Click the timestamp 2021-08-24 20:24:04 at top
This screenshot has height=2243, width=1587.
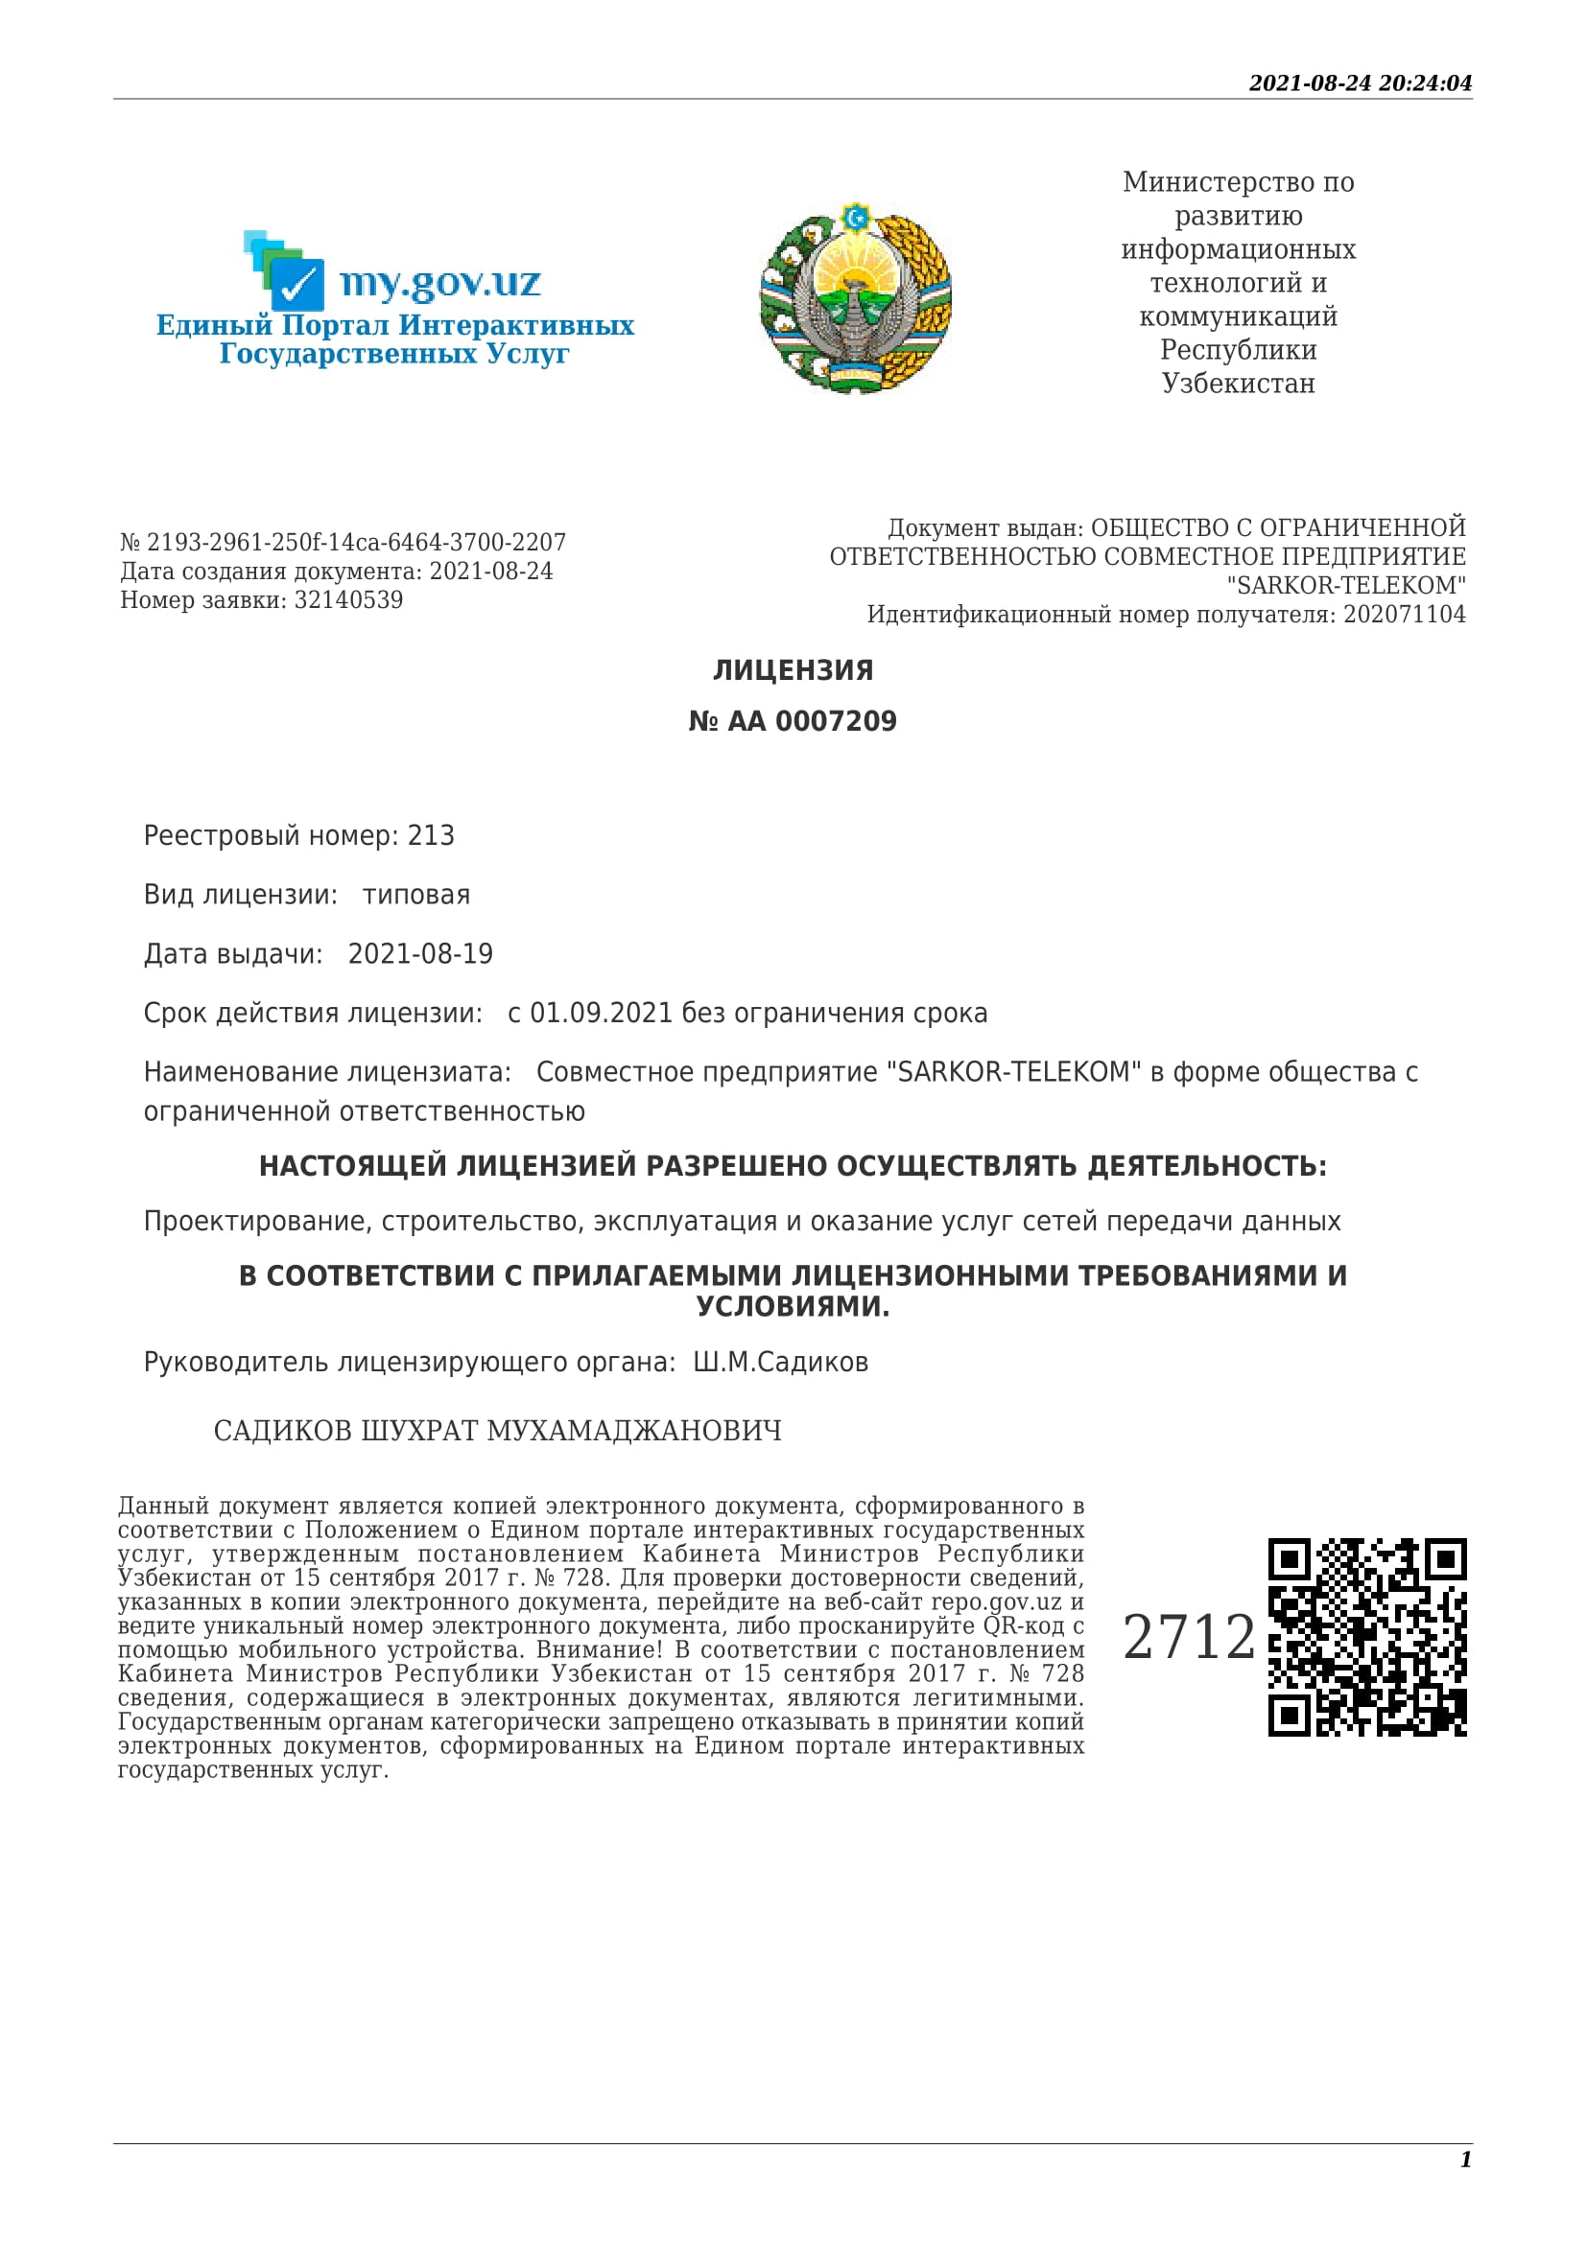click(1360, 83)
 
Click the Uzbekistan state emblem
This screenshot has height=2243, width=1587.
click(855, 298)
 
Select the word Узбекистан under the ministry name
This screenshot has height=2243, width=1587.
click(1237, 383)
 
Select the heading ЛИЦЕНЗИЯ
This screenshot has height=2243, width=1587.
click(793, 670)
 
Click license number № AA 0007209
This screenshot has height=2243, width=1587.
click(793, 721)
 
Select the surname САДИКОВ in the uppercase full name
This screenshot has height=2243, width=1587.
click(282, 1431)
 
